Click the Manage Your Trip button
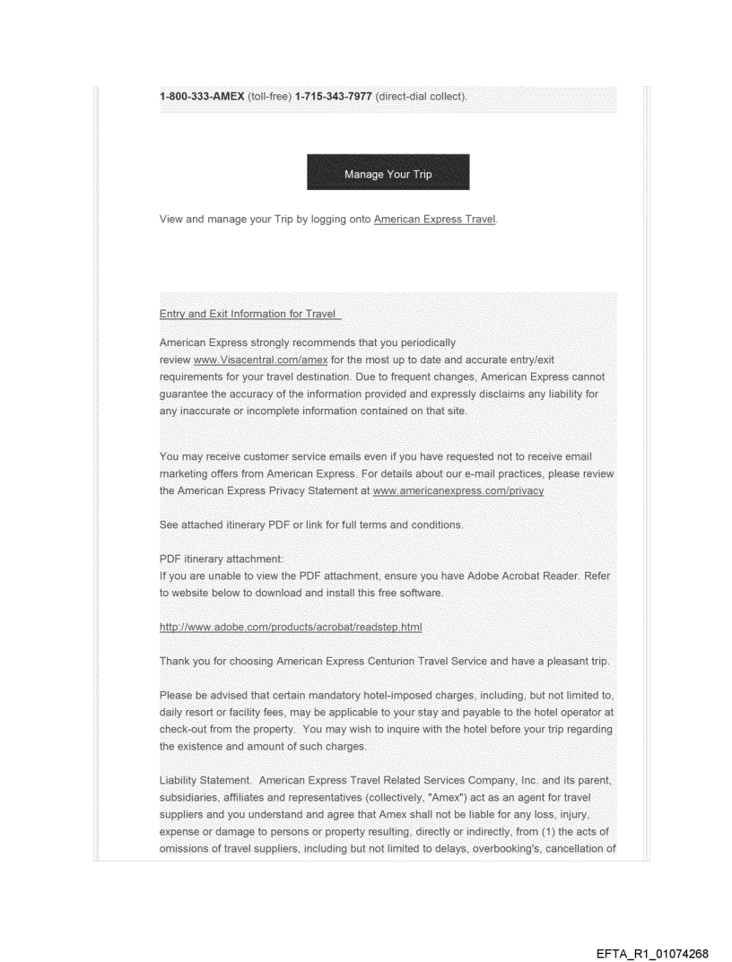click(x=388, y=173)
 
